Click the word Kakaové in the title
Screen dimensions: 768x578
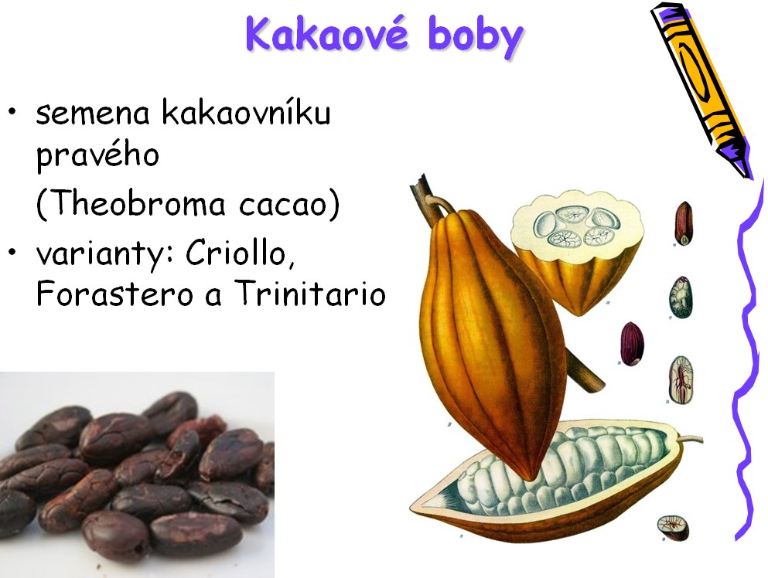coord(327,34)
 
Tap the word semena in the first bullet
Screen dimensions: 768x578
coord(93,114)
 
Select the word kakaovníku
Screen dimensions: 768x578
coord(246,112)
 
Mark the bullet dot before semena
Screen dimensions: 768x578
coord(12,111)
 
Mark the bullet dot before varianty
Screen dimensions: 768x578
coord(12,252)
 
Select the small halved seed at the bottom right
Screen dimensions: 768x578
coord(673,528)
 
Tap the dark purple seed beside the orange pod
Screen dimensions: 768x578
coord(632,344)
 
